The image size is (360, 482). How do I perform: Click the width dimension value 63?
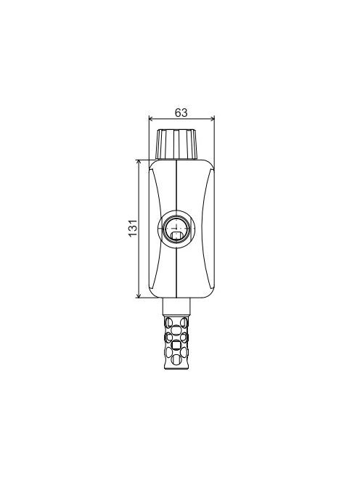click(181, 113)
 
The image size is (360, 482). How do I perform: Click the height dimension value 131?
click(133, 228)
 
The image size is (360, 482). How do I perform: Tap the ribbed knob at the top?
click(176, 144)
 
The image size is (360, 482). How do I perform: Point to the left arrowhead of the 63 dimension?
click(151, 118)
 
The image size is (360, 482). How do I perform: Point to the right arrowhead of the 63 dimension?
click(213, 118)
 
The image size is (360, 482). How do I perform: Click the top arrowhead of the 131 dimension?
click(139, 162)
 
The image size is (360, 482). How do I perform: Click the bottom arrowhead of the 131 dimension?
click(139, 295)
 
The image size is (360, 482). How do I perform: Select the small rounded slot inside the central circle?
click(176, 236)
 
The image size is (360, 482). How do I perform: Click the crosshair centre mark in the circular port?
click(176, 228)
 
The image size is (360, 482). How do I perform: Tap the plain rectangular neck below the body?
click(176, 306)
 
